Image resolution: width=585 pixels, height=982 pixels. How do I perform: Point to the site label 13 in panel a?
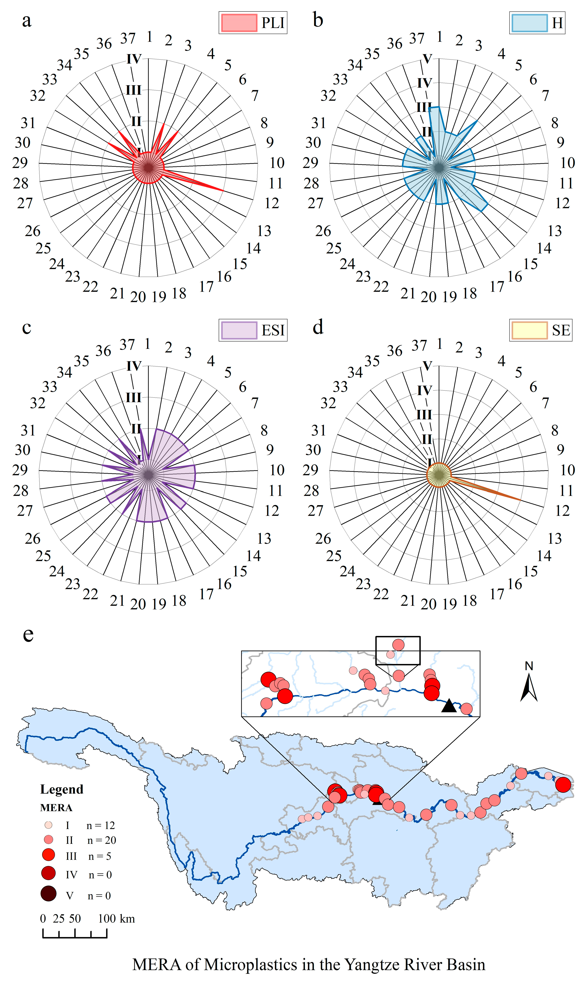point(264,231)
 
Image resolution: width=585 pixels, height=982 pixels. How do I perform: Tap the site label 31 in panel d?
point(319,430)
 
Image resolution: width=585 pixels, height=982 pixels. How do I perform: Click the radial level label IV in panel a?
point(134,59)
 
